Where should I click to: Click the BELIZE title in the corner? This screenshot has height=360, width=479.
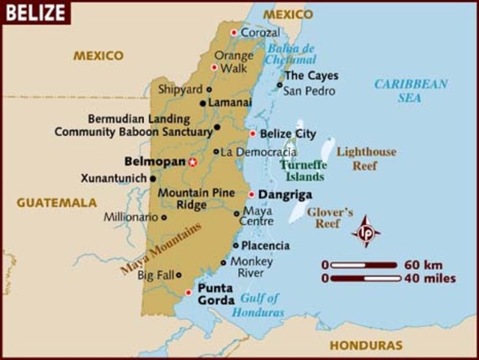(34, 12)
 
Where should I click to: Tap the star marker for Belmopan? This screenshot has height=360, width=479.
(193, 161)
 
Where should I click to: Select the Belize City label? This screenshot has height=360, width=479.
(288, 133)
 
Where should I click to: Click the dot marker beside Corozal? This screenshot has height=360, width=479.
(234, 32)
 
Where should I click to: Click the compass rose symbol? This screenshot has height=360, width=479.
(367, 232)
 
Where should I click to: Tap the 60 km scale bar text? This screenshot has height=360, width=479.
(423, 265)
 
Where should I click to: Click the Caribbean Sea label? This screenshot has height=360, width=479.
(411, 90)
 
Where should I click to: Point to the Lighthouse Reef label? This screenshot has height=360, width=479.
(366, 158)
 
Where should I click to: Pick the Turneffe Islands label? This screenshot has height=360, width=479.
(303, 170)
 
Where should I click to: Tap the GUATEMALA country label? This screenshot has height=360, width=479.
(57, 202)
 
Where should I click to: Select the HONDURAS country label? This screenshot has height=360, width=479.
(366, 346)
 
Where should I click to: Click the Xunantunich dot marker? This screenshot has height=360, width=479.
(153, 178)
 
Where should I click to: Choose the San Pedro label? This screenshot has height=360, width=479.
(308, 91)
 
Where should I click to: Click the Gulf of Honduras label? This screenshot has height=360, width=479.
(259, 304)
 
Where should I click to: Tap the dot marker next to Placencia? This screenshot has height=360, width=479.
(235, 245)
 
